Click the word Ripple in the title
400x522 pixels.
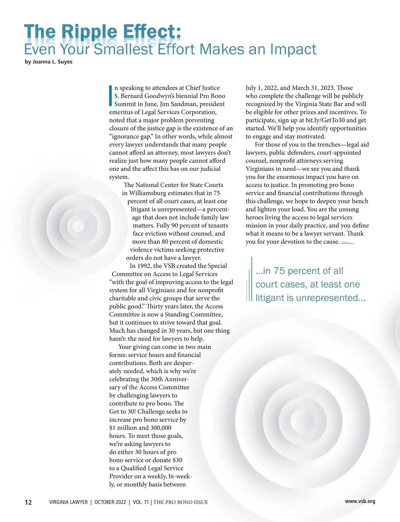[x=90, y=32]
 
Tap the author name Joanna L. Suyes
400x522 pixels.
[x=52, y=62]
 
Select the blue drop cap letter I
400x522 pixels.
[x=111, y=95]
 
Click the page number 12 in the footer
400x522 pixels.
[x=28, y=502]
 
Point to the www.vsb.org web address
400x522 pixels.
[x=360, y=501]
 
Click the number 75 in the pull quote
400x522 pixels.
[x=279, y=271]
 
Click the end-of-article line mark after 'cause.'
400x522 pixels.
[x=347, y=243]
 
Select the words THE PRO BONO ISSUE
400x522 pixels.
[x=181, y=502]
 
